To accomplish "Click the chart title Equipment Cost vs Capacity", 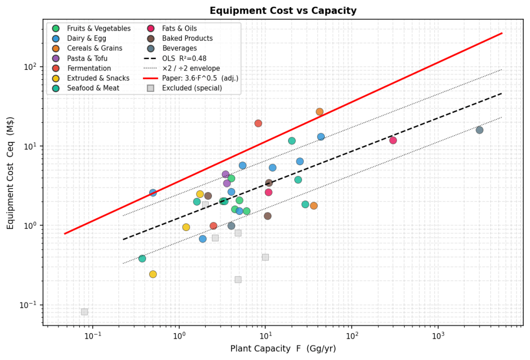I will [283, 10].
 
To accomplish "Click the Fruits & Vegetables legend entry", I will [98, 28].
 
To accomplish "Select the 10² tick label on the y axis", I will [31, 66].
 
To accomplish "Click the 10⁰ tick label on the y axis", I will [31, 225].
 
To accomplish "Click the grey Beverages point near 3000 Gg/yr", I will [479, 130].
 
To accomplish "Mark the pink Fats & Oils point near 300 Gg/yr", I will [393, 140].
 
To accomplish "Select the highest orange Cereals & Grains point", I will [320, 112].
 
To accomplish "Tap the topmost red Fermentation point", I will [258, 123].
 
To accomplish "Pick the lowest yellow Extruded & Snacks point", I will [153, 274].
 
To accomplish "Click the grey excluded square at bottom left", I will [84, 312].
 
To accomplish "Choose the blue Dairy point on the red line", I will [153, 193].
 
